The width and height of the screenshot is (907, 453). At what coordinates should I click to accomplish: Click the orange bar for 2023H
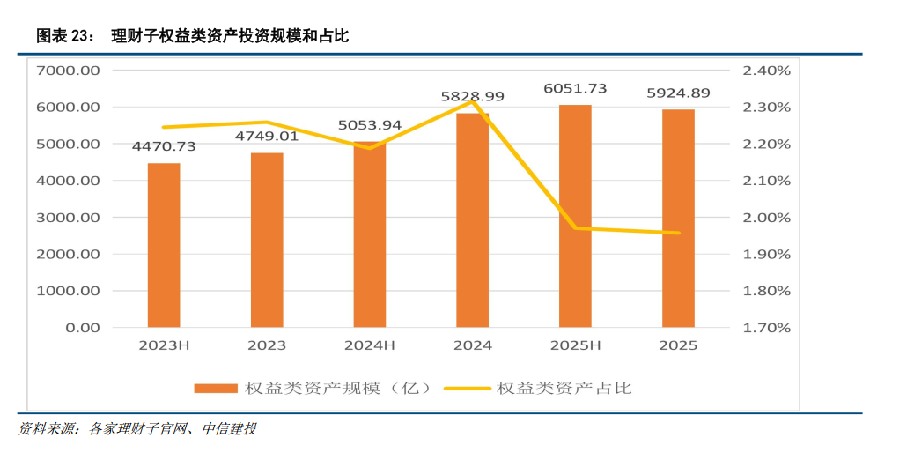coord(164,245)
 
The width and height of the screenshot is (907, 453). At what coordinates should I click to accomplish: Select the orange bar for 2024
coord(472,220)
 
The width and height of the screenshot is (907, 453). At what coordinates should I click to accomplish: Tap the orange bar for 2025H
coord(575,216)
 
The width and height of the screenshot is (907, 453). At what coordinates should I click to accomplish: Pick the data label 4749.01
coord(267,136)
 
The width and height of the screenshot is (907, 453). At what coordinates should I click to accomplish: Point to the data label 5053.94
coord(370,124)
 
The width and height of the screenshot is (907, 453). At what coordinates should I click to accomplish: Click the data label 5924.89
coord(678,93)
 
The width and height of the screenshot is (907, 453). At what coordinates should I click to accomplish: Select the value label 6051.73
coord(575,88)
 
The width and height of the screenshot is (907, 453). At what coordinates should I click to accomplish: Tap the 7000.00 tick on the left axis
coord(68,71)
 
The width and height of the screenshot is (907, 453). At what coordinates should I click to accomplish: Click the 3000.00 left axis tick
coord(68,218)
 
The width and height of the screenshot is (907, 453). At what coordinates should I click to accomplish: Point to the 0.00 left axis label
coord(81,328)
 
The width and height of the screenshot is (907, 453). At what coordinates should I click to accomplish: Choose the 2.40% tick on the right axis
coord(767,71)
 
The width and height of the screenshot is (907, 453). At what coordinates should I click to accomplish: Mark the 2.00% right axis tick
coord(767,218)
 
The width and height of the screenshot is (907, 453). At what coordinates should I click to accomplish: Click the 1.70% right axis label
coord(767,328)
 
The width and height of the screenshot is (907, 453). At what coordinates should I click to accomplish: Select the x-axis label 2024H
coord(370,345)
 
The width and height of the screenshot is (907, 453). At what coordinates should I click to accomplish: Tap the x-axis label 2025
coord(678,345)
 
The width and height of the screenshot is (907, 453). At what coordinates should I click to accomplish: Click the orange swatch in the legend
coord(215,388)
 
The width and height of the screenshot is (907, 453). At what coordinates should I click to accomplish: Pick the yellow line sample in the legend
coord(468,388)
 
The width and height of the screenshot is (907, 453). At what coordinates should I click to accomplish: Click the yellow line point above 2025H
coord(576,228)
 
